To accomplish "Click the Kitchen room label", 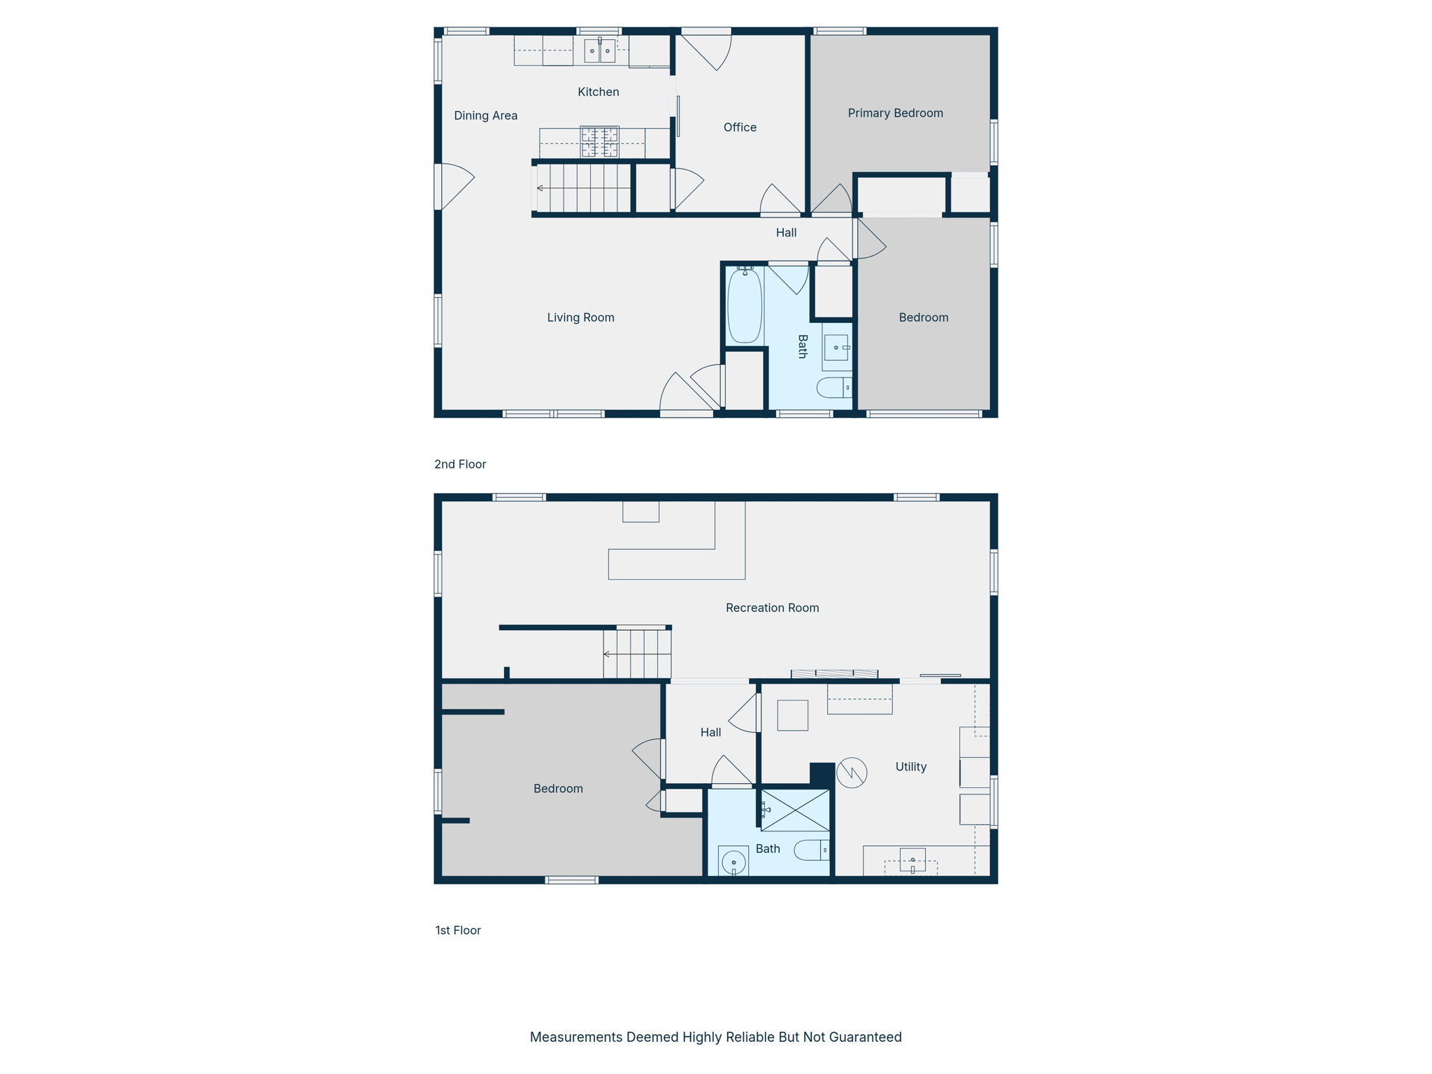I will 598,92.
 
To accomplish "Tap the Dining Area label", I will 485,115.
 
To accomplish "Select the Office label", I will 740,127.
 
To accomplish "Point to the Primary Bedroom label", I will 895,113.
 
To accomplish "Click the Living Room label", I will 580,317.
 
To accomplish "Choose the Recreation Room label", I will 772,608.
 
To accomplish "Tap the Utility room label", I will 910,766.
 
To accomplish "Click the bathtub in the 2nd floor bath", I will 745,306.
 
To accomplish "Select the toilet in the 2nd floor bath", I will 833,387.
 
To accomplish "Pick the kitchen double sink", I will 599,51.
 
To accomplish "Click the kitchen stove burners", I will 599,142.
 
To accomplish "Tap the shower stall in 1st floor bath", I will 795,810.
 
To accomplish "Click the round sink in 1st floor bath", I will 733,861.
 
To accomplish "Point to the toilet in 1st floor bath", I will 810,850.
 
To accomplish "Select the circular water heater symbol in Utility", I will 852,773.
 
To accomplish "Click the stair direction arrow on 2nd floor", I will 540,188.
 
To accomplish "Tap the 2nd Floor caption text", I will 459,464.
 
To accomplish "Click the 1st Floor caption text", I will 458,930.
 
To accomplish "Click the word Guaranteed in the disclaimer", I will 865,1037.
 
